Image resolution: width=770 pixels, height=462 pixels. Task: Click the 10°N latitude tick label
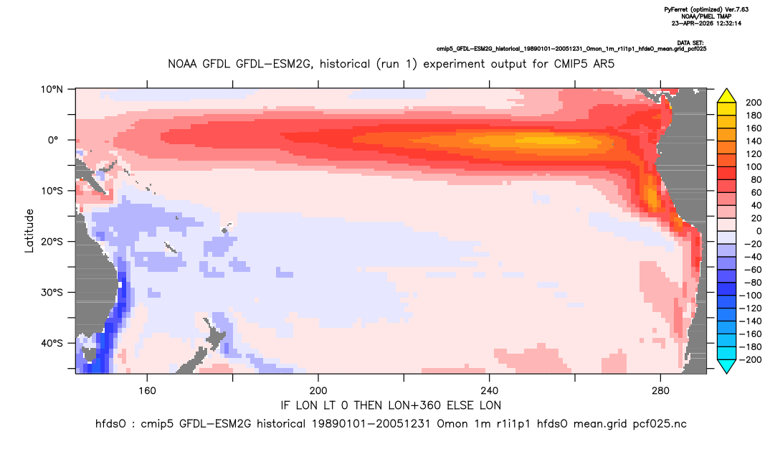tap(52, 90)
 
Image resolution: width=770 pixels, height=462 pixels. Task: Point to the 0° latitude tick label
tap(53, 140)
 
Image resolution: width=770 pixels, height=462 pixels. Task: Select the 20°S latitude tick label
tap(52, 242)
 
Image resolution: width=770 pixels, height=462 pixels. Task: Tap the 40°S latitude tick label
tap(52, 343)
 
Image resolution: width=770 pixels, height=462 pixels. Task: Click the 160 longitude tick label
tap(147, 391)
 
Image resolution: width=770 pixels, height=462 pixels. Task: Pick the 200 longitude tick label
tap(318, 391)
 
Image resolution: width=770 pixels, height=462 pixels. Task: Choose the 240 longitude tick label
tap(489, 391)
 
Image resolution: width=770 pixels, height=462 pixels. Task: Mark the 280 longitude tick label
tap(660, 391)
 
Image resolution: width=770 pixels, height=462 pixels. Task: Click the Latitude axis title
tap(29, 231)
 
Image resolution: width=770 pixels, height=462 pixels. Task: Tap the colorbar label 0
tap(747, 231)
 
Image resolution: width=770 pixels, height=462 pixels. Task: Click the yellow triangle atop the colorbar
tap(726, 96)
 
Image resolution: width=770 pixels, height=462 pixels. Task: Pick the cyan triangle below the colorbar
tap(726, 367)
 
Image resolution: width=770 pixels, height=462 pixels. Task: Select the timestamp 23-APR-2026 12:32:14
tap(706, 23)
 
